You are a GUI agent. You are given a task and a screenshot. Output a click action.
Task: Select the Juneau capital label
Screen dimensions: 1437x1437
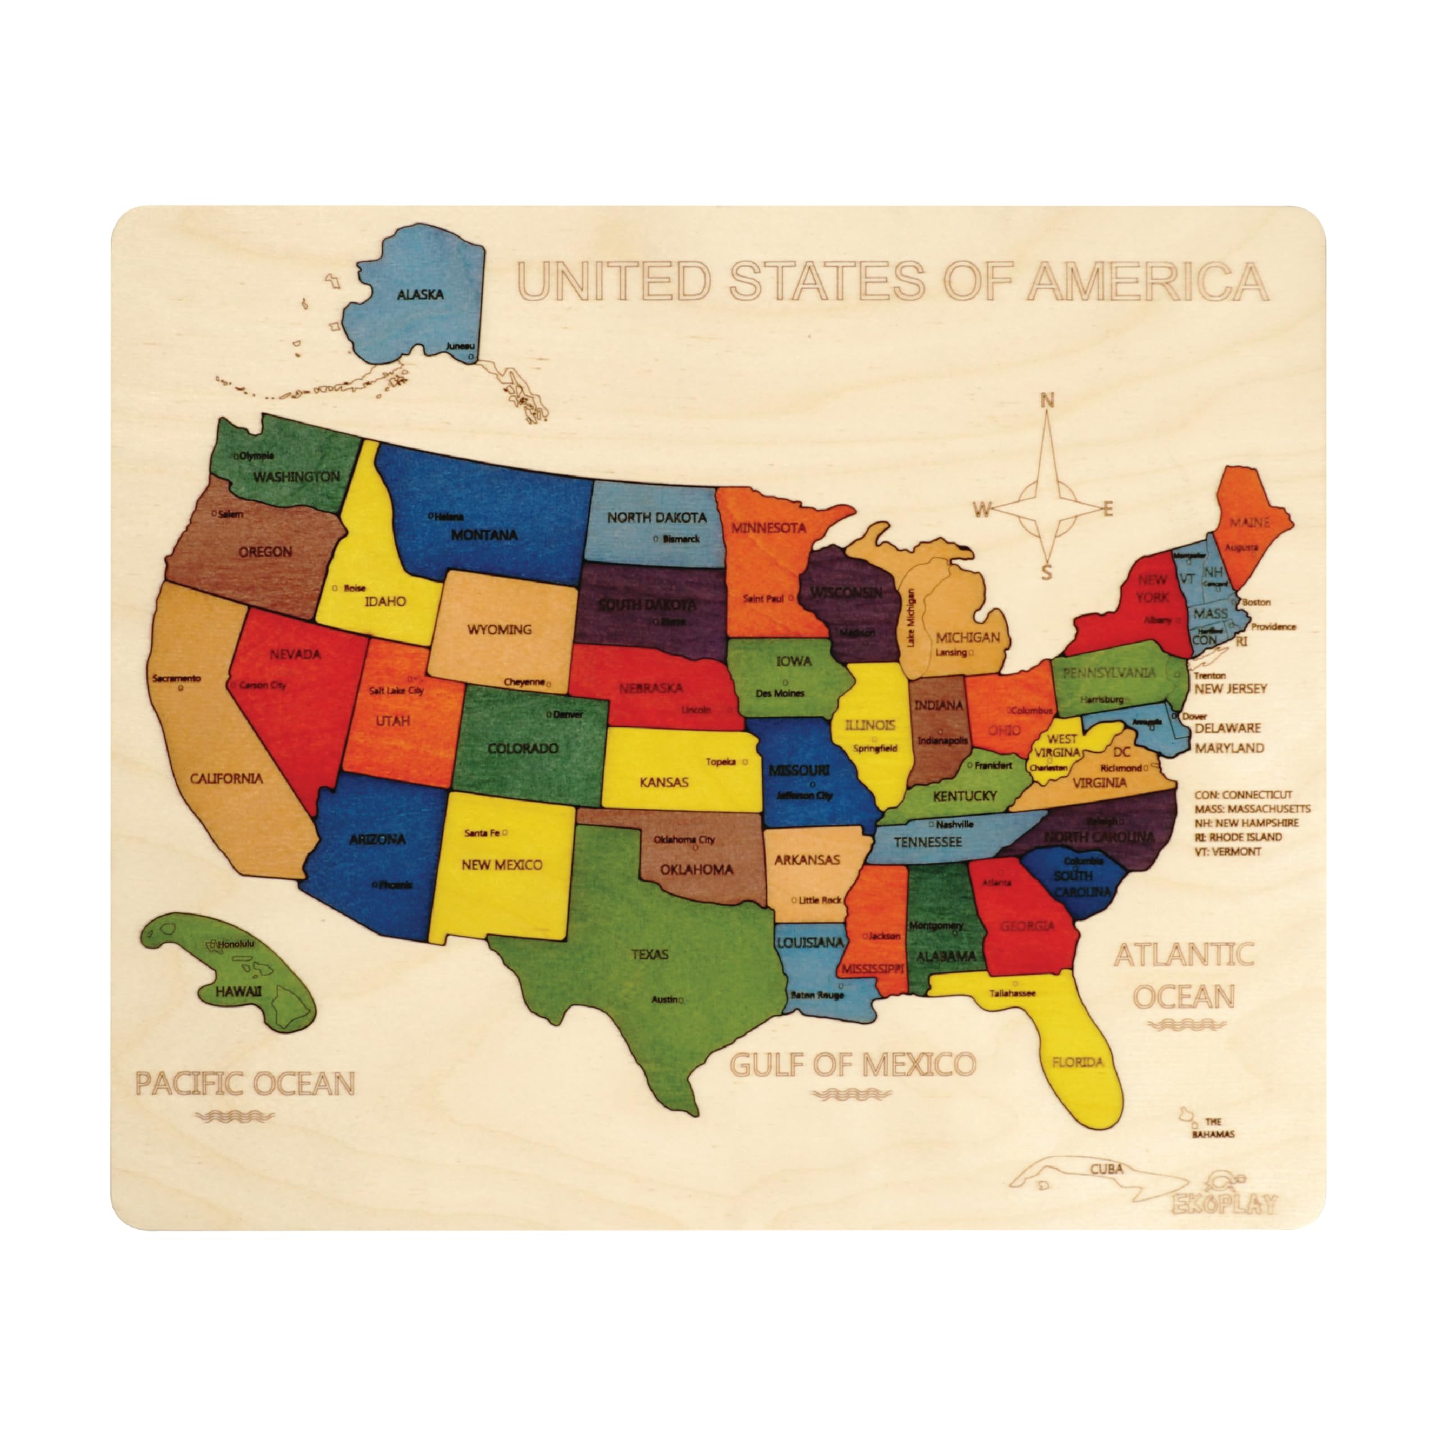[460, 346]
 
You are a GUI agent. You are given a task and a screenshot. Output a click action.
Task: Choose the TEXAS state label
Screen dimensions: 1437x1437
[650, 954]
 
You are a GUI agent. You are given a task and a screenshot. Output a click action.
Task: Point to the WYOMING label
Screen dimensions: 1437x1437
[499, 629]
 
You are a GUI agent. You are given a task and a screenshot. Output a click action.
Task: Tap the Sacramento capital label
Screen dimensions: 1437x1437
[176, 678]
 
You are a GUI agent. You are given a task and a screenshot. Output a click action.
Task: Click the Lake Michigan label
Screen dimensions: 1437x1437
[910, 618]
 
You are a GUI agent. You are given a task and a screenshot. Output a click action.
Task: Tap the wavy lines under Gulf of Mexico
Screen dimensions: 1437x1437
[853, 1094]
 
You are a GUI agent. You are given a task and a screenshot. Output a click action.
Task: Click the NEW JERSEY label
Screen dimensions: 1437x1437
[1230, 689]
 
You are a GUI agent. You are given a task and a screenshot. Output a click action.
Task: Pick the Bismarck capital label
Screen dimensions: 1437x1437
[680, 538]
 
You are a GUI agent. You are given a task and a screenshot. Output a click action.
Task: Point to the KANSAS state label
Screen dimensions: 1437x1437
[664, 782]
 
